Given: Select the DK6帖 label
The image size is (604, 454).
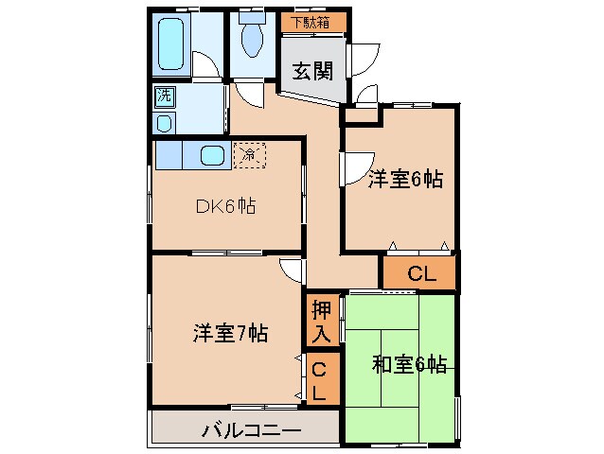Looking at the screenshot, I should tap(225, 205).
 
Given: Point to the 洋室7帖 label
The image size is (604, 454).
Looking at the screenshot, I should tap(230, 332).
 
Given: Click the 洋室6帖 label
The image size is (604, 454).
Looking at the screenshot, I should tap(405, 178).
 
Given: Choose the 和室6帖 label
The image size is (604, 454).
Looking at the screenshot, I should tap(408, 362).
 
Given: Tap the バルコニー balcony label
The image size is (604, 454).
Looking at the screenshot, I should tap(251, 431).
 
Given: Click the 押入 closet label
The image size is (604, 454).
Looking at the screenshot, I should tap(320, 321).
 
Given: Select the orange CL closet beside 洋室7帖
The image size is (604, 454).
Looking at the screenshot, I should tap(319, 380).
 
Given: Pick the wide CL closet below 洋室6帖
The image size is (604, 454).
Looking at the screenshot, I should tap(420, 274).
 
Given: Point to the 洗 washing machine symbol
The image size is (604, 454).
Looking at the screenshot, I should tap(165, 96).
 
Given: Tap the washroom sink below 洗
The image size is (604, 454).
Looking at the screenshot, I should tap(165, 123).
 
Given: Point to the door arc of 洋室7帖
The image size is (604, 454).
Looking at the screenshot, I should tap(293, 271).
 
